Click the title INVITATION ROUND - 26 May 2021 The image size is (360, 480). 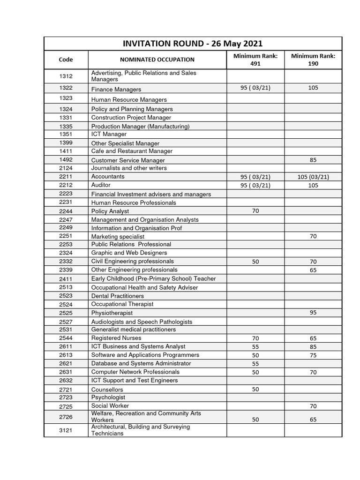click(193, 43)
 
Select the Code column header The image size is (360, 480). click(66, 60)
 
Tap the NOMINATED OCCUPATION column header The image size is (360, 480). click(157, 60)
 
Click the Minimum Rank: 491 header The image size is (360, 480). click(255, 60)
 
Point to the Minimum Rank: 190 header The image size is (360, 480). click(313, 60)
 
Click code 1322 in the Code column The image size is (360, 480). click(66, 88)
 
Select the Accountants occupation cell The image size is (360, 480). click(108, 177)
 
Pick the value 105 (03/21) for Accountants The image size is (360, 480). click(313, 177)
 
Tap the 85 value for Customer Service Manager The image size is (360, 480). click(313, 160)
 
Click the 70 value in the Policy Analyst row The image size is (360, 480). click(255, 211)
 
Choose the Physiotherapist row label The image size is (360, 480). click(112, 313)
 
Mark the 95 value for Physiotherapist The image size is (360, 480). click(313, 313)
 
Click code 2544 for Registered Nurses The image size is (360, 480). click(66, 338)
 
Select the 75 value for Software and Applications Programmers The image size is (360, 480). click(313, 355)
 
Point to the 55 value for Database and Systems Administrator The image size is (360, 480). click(255, 364)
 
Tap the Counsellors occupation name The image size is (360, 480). click(107, 390)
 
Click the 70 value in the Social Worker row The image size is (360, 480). click(313, 406)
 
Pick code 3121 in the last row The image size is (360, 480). click(66, 430)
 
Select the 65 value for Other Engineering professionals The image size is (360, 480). click(313, 270)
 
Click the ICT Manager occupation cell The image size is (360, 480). click(109, 135)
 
